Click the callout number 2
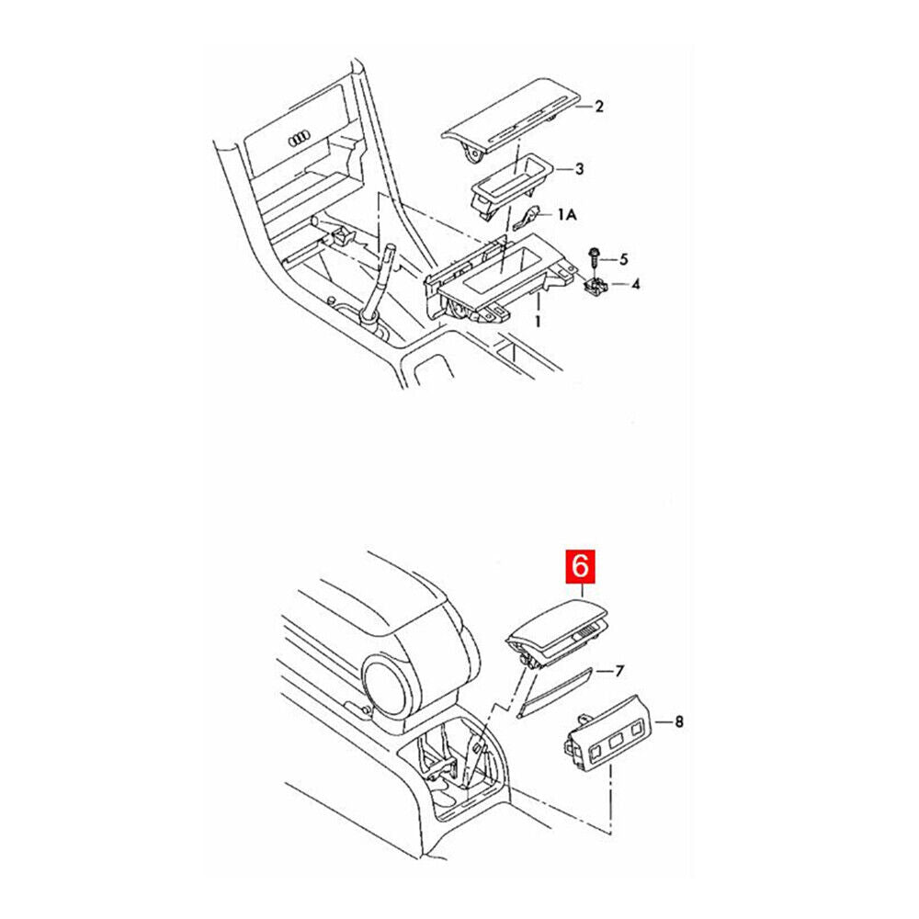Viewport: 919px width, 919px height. [x=598, y=107]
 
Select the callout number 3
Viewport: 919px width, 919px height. [x=579, y=169]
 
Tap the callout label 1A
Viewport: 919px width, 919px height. [x=566, y=214]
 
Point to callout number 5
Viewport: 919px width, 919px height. [x=623, y=259]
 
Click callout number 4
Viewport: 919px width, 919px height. [x=635, y=285]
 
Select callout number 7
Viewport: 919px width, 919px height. [x=619, y=671]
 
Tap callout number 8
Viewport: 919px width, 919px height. [x=679, y=721]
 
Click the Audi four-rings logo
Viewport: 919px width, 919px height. [x=299, y=140]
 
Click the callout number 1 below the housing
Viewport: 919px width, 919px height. [x=538, y=321]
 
